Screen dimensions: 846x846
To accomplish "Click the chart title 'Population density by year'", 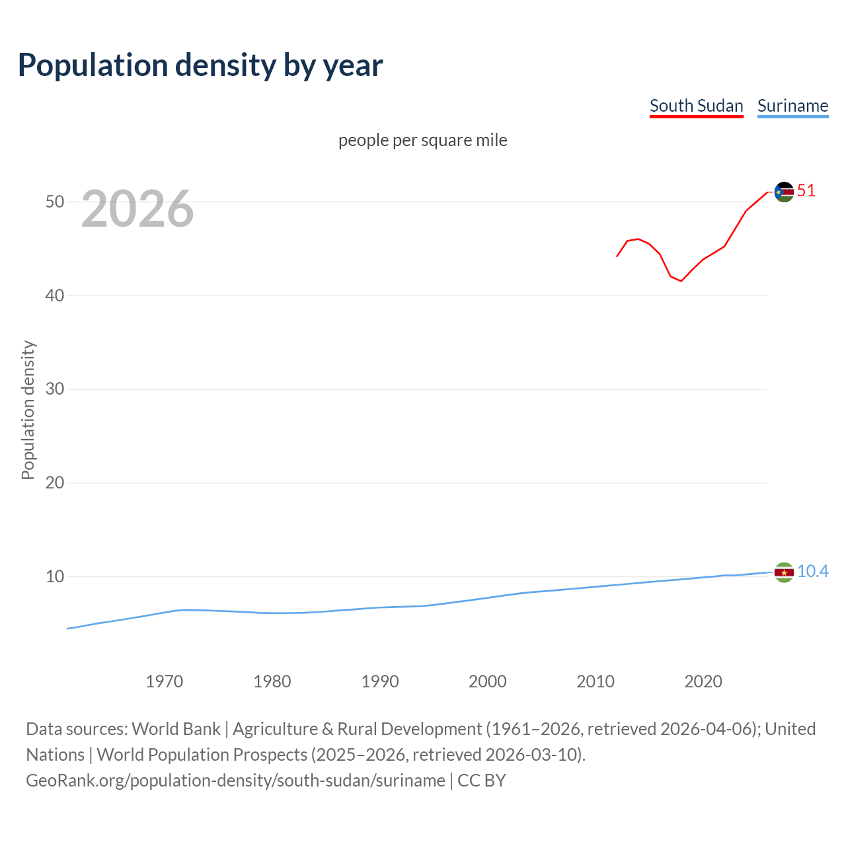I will click(200, 65).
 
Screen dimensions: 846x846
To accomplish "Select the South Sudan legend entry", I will click(696, 106).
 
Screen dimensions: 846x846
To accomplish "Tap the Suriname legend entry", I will click(792, 106).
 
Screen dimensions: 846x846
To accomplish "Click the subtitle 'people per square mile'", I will click(422, 140).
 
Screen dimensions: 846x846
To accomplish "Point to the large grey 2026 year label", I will click(137, 209).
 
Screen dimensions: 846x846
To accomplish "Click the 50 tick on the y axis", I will click(55, 202).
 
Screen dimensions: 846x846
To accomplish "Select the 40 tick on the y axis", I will click(55, 295).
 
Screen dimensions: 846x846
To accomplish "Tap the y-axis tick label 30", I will click(55, 389).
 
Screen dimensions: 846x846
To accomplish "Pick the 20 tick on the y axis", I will click(55, 482).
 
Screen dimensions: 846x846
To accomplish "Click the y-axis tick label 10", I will click(55, 576).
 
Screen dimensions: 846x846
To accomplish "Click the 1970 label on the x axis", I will click(164, 681).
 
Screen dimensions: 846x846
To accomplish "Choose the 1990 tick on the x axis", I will click(379, 681).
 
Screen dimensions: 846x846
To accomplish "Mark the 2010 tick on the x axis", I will click(595, 681).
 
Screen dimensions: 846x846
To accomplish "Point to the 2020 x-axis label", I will click(703, 681).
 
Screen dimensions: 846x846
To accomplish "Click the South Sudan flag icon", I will click(784, 192).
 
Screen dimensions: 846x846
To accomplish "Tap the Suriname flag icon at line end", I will click(784, 572).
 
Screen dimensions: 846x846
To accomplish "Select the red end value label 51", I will click(806, 191).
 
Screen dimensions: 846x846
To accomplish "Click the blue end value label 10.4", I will click(812, 572).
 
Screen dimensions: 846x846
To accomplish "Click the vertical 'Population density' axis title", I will click(28, 410).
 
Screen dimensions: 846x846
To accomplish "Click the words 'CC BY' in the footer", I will click(482, 781).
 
